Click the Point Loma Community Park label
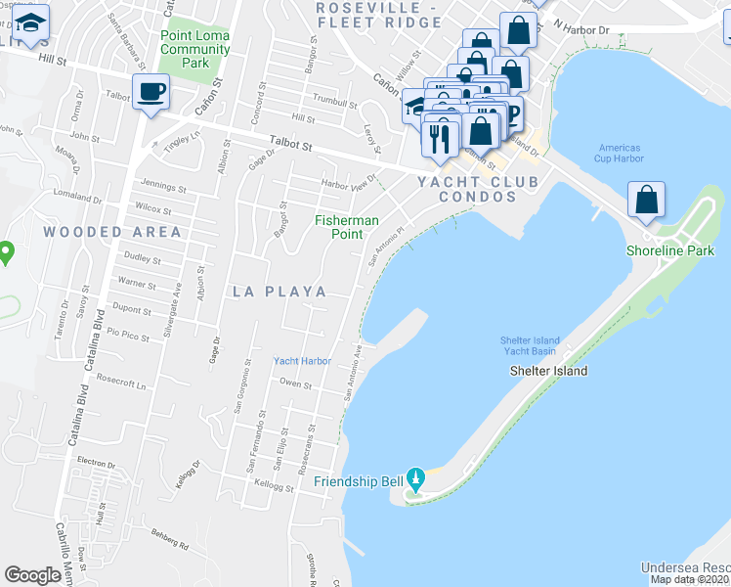pos(194,49)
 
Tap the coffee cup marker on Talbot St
pos(150,92)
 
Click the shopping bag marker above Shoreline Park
pos(646,201)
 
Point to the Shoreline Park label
pos(670,251)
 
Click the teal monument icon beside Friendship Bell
pos(415,480)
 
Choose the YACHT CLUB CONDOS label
pos(466,189)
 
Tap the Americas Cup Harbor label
pos(621,154)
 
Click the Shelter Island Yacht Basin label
pos(531,345)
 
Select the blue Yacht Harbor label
pos(302,361)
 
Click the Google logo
pos(33,575)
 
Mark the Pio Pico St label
pos(128,335)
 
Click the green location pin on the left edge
pos(5,254)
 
